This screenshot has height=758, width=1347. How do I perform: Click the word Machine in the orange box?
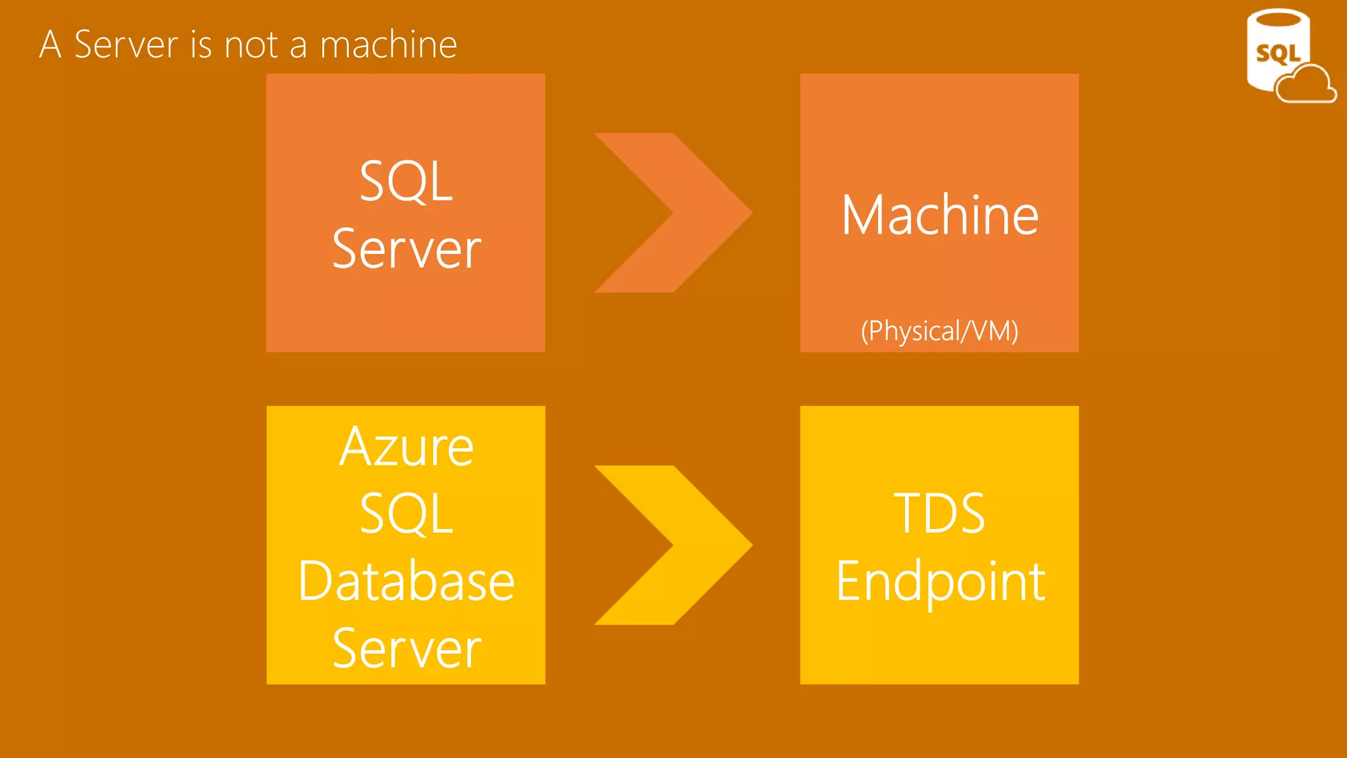[939, 215]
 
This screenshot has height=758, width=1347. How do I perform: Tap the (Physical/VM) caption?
[939, 331]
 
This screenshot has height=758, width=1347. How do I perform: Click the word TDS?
[939, 513]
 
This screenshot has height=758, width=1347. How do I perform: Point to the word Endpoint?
[941, 582]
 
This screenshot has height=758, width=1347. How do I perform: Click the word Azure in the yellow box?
[406, 447]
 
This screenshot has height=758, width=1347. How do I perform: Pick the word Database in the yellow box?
[406, 581]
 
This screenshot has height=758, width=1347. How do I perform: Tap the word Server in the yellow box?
[406, 649]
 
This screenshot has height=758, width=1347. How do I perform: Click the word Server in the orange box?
[406, 249]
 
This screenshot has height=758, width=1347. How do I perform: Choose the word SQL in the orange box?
[406, 181]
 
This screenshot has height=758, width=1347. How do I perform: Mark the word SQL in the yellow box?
[406, 514]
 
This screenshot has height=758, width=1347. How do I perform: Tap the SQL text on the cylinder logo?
[1277, 53]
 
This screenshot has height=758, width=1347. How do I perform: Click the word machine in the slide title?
[388, 45]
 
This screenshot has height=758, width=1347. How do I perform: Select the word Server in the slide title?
[126, 45]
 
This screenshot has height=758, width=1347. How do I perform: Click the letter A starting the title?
[51, 45]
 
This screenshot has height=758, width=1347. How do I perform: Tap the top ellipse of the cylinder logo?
[1278, 18]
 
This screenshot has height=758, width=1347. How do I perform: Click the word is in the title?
[201, 45]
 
